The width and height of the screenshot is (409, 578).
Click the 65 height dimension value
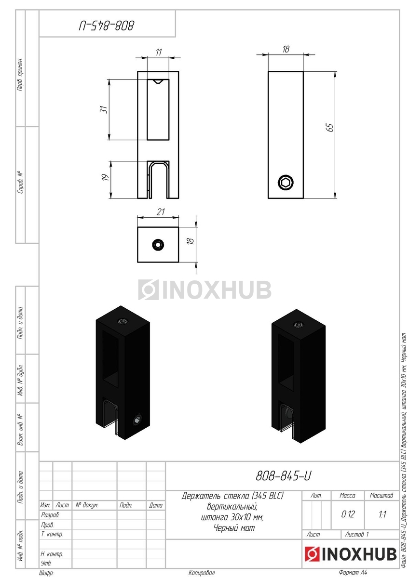[330, 128]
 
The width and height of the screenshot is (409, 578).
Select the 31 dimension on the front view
[104, 109]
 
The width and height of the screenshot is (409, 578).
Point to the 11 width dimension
[159, 52]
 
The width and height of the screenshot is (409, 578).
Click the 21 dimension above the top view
[161, 212]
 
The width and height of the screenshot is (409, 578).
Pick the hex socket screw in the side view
[286, 183]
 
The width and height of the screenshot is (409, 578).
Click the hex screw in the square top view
[158, 245]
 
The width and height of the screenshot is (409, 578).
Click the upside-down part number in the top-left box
[107, 26]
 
